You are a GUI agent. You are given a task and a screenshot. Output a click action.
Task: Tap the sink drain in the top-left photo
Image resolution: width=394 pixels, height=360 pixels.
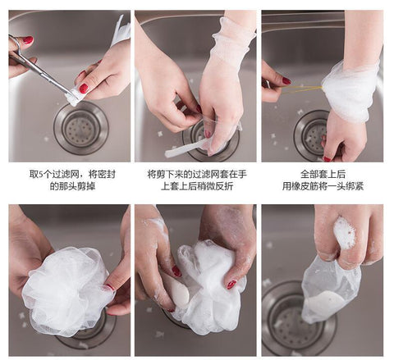pyautogui.click(x=80, y=128)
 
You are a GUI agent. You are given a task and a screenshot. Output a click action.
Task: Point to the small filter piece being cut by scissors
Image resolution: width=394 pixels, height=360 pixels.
pyautogui.click(x=76, y=97)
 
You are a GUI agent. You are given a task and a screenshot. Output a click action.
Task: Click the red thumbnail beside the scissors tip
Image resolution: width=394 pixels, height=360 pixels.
pyautogui.click(x=84, y=88)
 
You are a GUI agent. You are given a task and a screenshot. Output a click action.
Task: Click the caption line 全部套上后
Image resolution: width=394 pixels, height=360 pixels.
pyautogui.click(x=322, y=175)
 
